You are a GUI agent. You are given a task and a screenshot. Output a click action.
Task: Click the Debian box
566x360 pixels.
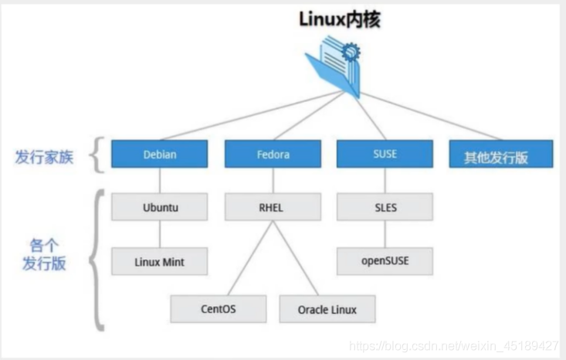pos(160,154)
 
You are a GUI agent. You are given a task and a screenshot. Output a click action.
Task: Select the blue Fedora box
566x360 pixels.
pos(273,154)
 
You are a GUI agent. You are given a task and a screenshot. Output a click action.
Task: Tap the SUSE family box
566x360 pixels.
pos(385,154)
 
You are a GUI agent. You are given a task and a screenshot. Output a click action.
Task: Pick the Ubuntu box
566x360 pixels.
pos(160,207)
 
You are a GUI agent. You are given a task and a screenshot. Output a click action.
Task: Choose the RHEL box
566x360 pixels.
pos(273,207)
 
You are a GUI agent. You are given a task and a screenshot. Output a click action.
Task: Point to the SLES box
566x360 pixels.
pos(385,207)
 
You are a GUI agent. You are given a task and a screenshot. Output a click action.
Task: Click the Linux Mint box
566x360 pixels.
pos(160,261)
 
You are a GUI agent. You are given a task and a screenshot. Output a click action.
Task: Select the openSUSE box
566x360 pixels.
pos(385,261)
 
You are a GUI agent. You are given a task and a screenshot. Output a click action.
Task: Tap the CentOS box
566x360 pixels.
pos(219,309)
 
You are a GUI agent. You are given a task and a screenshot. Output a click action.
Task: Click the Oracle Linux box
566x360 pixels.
pos(327,309)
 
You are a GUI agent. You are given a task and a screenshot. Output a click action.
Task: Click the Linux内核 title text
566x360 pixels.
pos(340,19)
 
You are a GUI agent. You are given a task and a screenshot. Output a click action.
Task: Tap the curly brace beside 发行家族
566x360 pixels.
pos(96,155)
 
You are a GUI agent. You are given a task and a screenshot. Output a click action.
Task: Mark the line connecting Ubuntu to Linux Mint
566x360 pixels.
pos(160,234)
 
